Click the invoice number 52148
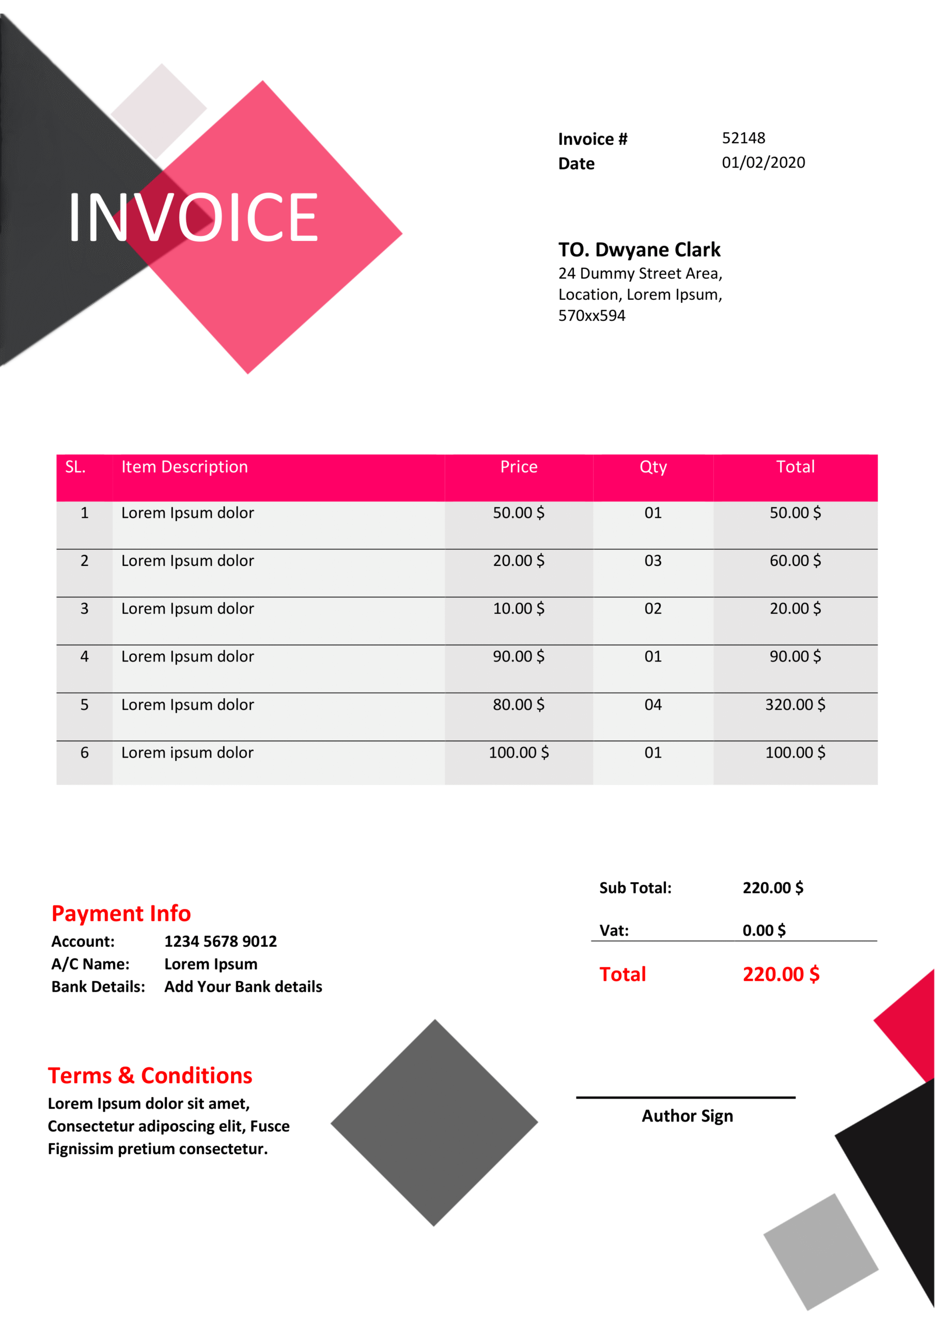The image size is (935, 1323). pos(743,139)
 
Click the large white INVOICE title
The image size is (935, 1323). pos(194,217)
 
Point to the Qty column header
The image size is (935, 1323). pos(653,467)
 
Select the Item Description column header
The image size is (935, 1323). pos(184,467)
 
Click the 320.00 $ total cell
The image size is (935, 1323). pos(795,705)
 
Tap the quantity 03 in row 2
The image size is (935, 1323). pos(653,561)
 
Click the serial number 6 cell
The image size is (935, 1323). pos(85,752)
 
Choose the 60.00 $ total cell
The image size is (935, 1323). pos(795,561)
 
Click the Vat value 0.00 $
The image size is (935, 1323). pos(764,931)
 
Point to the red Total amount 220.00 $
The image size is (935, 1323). pos(781,974)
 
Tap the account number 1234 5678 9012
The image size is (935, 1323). pos(221,942)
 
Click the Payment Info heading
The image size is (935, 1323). pos(121,914)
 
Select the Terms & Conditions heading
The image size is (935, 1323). pos(150,1076)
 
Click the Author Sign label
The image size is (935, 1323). pos(687,1116)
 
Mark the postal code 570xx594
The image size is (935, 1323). pos(591,316)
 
